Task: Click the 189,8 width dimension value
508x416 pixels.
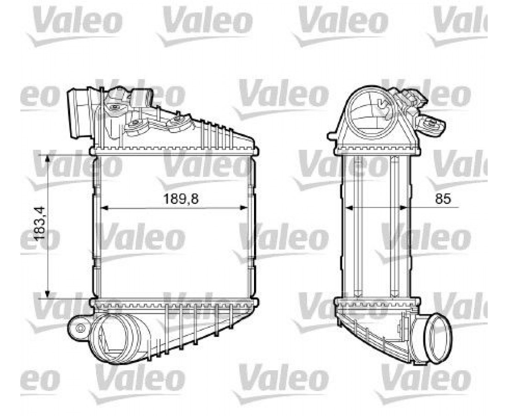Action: pyautogui.click(x=181, y=198)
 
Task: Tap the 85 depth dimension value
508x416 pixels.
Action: pyautogui.click(x=442, y=198)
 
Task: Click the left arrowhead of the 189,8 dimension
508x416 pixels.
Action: pyautogui.click(x=105, y=208)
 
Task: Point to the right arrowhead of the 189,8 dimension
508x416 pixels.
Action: pyautogui.click(x=244, y=208)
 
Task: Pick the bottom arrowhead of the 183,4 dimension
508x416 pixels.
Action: pyautogui.click(x=47, y=294)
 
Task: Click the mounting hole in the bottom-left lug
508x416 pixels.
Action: pyautogui.click(x=80, y=329)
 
